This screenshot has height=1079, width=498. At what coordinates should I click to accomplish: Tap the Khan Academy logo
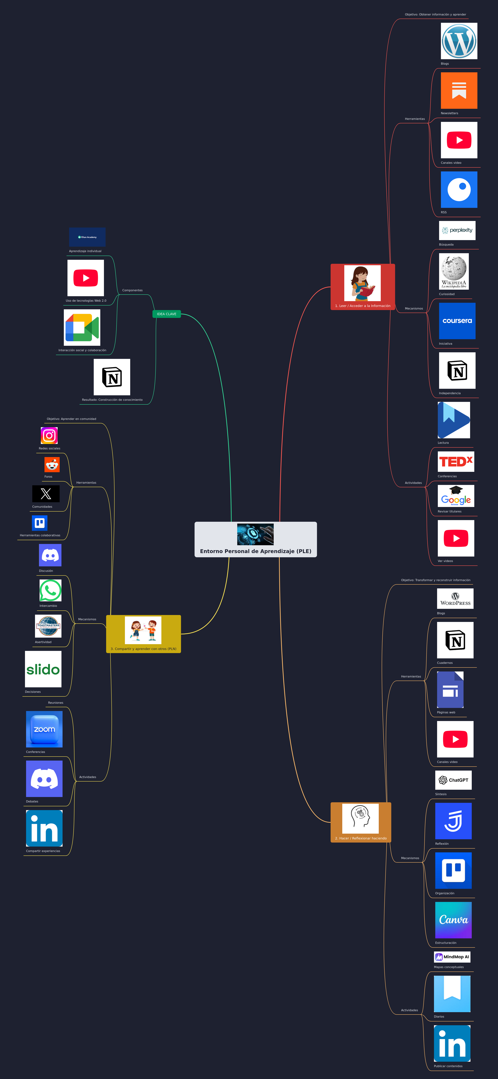[87, 237]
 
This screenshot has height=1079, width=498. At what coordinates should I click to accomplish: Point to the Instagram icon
[49, 436]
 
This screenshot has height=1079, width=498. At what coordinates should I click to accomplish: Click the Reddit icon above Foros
[52, 465]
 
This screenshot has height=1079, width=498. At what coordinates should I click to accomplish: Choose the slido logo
[43, 669]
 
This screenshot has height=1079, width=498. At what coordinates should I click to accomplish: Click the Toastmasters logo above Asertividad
[48, 626]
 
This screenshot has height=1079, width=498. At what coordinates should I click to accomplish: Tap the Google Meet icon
[82, 328]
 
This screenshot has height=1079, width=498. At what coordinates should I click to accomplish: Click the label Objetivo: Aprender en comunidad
[71, 419]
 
